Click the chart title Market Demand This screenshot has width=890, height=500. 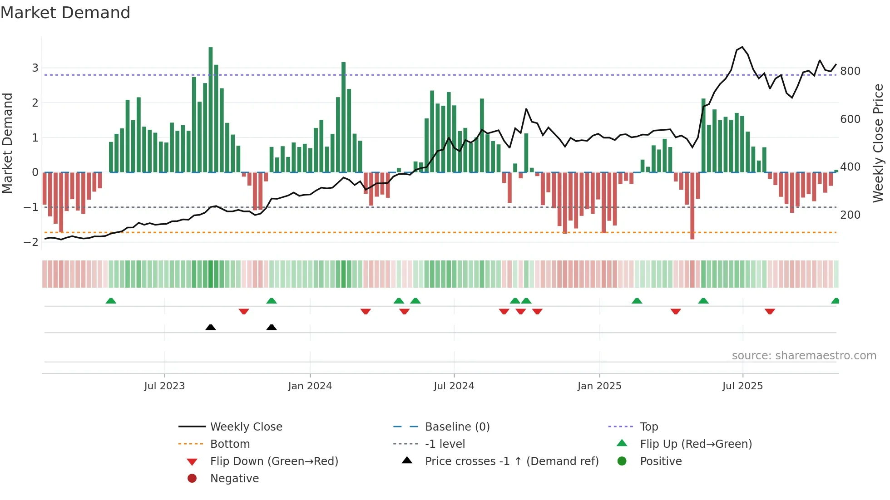coord(65,13)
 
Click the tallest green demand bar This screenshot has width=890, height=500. coord(211,109)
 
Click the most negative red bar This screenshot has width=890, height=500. coord(692,205)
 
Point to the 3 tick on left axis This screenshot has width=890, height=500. coord(35,68)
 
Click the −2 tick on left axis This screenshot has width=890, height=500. coord(31,242)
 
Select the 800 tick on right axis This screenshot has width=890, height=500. coord(850,71)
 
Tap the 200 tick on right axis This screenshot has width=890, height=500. coord(850,215)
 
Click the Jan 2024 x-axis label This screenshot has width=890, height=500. coord(310,386)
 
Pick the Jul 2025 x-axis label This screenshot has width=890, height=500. coord(743,386)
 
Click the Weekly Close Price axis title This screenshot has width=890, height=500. coord(878,143)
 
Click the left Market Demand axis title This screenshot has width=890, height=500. coord(7,143)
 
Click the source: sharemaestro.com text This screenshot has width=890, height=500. coord(804,356)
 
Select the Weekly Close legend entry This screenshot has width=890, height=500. coord(246,427)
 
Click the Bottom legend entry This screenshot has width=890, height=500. coord(230,444)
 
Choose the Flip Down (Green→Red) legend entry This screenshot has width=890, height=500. coord(274,461)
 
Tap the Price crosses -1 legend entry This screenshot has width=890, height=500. coord(511,461)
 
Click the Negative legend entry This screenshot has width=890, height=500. coord(234,479)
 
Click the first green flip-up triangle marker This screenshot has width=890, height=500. coord(111,301)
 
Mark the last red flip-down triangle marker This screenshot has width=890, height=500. coord(770,311)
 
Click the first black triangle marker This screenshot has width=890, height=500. coord(211,327)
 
